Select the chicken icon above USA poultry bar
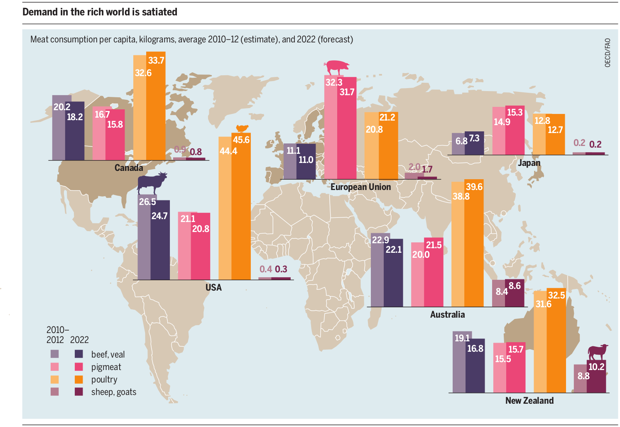[242, 128]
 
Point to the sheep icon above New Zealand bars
[598, 352]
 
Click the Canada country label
[129, 168]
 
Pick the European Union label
[360, 187]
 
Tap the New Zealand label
[529, 401]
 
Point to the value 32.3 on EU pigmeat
[333, 82]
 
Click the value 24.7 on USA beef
[159, 216]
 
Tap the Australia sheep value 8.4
[501, 291]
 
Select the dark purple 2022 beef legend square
[78, 354]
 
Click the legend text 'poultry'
[104, 380]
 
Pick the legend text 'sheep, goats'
[114, 392]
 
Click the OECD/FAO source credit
[608, 53]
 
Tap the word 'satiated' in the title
[159, 12]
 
